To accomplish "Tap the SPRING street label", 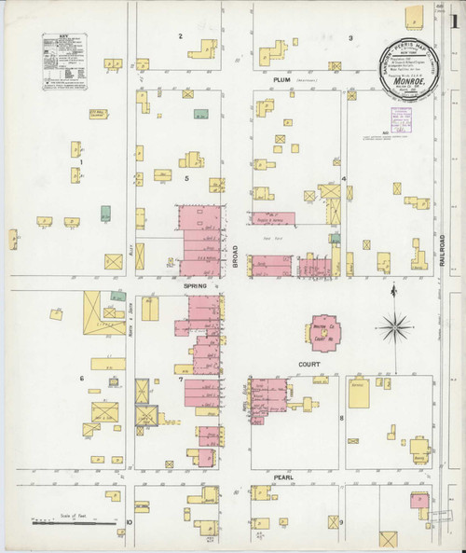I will coord(194,283).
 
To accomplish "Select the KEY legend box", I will coord(60,62).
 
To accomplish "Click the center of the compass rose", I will coord(395,327).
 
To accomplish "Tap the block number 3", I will coord(350,37).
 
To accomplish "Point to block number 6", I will coord(82,378).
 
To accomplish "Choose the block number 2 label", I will coord(180,36).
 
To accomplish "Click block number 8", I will coord(342,418).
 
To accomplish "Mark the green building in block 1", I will coord(106,212).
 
